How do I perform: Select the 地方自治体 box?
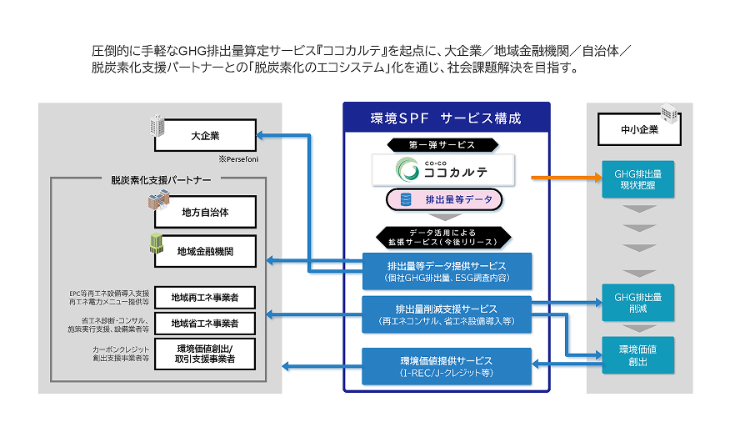pyautogui.click(x=205, y=213)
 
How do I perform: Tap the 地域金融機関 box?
pyautogui.click(x=205, y=250)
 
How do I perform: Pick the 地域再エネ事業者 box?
pyautogui.click(x=205, y=298)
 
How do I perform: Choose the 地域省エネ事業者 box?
pyautogui.click(x=205, y=323)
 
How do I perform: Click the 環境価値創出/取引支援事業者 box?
pyautogui.click(x=205, y=354)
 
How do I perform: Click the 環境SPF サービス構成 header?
pyautogui.click(x=446, y=118)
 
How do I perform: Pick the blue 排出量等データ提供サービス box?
pyautogui.click(x=447, y=271)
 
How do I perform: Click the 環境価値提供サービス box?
pyautogui.click(x=447, y=366)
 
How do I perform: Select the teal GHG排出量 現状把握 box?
pyautogui.click(x=638, y=179)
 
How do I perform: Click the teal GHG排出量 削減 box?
pyautogui.click(x=638, y=302)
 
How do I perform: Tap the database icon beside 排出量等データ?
pyautogui.click(x=406, y=200)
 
